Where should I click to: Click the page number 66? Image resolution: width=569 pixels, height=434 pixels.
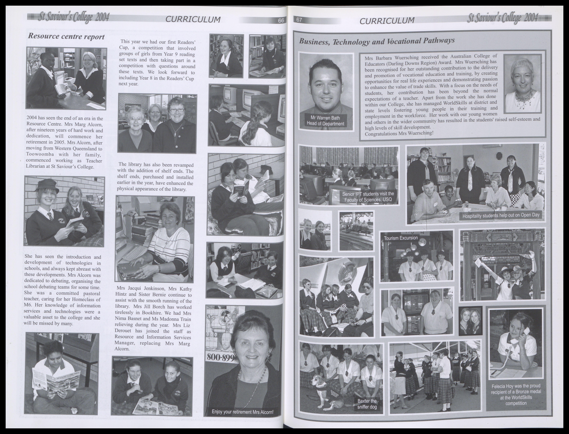coord(281,21)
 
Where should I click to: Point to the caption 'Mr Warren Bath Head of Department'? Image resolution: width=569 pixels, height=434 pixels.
coord(325,121)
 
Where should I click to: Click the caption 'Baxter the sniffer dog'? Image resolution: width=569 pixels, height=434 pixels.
coord(367,404)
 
